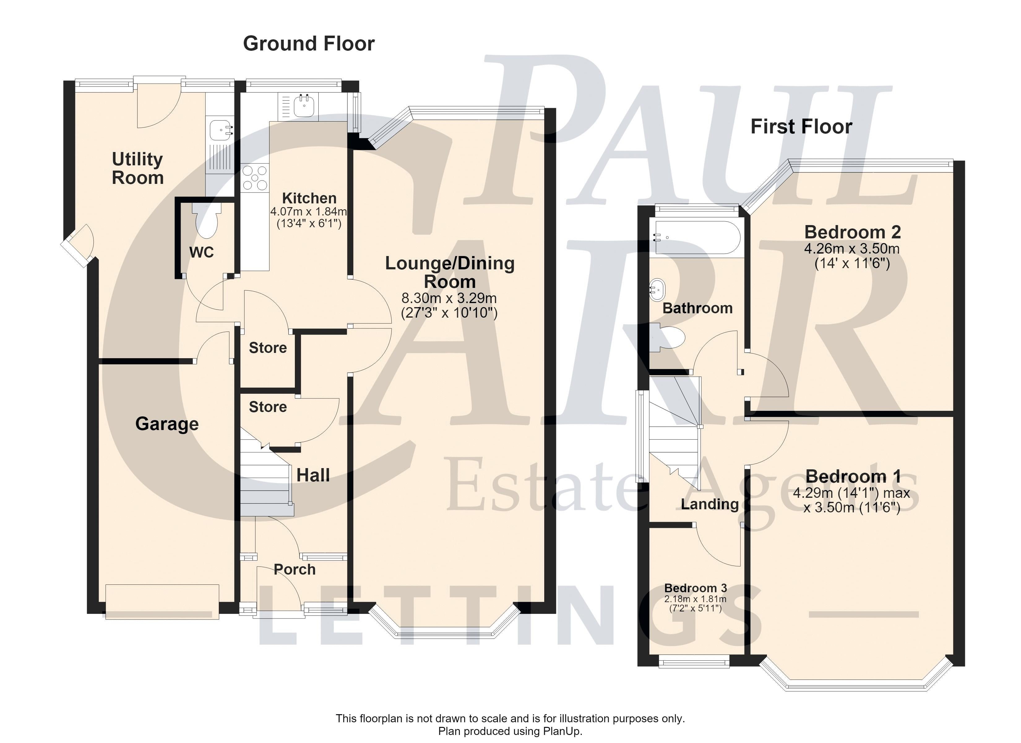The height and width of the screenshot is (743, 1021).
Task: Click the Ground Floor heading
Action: tap(309, 44)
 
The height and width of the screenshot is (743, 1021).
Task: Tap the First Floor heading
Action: tap(801, 127)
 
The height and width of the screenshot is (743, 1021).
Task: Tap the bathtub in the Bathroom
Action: tap(697, 238)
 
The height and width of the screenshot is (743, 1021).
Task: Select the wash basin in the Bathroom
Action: tap(656, 291)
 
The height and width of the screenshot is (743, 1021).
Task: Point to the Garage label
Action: tap(167, 424)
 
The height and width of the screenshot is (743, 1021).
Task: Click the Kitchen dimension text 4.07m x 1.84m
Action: tap(309, 211)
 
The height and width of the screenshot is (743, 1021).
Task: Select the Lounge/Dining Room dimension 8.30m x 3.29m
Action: tap(449, 298)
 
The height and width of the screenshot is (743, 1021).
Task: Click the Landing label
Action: tap(710, 504)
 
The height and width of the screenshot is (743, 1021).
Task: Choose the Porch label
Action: tap(295, 570)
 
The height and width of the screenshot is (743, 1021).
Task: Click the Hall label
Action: tap(313, 475)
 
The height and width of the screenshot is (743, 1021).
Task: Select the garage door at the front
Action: tap(162, 602)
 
